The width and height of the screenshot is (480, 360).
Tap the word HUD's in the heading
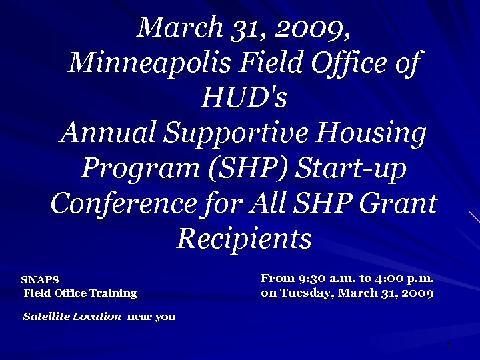[x=243, y=99]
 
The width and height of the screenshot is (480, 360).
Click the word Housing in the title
[x=371, y=134]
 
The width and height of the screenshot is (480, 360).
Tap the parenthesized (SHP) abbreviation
[x=248, y=169]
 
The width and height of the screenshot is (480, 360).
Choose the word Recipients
[x=244, y=238]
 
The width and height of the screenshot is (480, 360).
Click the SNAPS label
[x=40, y=280]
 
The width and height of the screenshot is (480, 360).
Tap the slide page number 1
[x=449, y=345]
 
